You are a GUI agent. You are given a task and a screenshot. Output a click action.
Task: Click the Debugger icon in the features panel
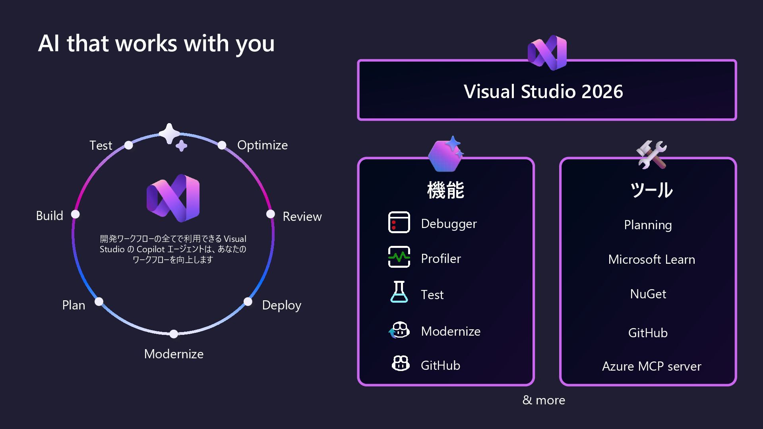pos(399,222)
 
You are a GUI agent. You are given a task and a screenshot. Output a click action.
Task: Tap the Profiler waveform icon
pos(399,257)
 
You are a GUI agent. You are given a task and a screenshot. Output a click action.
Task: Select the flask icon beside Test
pos(399,292)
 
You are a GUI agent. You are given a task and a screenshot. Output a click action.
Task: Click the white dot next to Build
pos(76,214)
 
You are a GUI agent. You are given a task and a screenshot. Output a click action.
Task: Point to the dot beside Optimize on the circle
pos(222,145)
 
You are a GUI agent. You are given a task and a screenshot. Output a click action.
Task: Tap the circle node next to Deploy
pos(248,302)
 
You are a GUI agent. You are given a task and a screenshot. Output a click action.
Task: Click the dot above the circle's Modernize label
pos(174,334)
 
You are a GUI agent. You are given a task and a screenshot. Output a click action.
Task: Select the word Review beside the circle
pos(302,216)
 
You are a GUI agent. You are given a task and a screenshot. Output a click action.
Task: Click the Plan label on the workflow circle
pos(74,305)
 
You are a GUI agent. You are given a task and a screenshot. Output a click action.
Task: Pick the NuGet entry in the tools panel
pos(648,294)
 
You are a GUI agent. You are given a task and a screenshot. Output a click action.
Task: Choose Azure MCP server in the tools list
pos(651,366)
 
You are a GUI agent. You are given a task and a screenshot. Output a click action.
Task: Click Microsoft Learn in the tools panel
pos(651,259)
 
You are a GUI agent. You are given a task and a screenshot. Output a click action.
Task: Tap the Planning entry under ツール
pos(648,225)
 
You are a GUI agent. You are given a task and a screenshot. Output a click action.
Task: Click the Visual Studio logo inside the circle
pos(173,198)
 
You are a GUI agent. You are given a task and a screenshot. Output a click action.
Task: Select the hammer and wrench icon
pos(651,154)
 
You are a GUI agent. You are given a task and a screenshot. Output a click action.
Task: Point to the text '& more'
pos(544,400)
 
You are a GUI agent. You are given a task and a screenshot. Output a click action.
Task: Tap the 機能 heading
pos(445,190)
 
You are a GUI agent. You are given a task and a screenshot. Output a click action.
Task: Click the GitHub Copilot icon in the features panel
pos(401,363)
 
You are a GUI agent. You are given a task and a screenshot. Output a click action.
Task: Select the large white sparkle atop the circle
pos(169,133)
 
